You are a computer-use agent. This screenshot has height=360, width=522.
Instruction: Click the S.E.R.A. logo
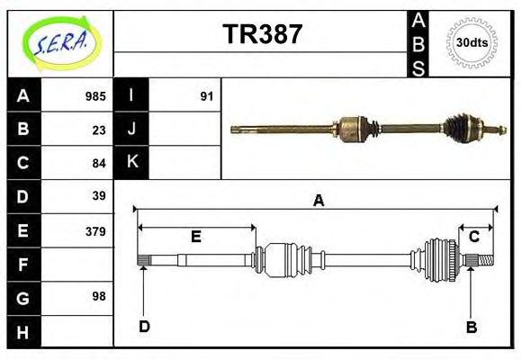click(x=59, y=42)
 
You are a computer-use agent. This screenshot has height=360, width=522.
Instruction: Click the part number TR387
click(x=262, y=34)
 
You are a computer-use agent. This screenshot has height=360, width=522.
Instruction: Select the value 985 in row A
click(x=95, y=96)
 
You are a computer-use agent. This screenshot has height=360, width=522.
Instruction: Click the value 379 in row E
click(x=95, y=230)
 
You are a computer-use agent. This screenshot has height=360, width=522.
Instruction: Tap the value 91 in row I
click(x=206, y=96)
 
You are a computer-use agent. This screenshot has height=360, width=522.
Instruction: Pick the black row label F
click(x=23, y=264)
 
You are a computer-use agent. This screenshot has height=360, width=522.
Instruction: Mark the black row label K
click(x=131, y=163)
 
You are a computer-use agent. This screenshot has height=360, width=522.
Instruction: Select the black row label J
click(x=131, y=130)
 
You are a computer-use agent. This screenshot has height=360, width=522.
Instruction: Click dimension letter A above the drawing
click(x=317, y=202)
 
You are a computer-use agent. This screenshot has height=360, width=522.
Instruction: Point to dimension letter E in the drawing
click(x=195, y=237)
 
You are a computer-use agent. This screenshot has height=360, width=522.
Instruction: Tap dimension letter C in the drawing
click(x=473, y=237)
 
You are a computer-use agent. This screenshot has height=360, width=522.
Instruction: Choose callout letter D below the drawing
click(x=144, y=327)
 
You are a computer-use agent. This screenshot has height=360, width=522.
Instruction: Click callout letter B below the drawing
click(x=471, y=327)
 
